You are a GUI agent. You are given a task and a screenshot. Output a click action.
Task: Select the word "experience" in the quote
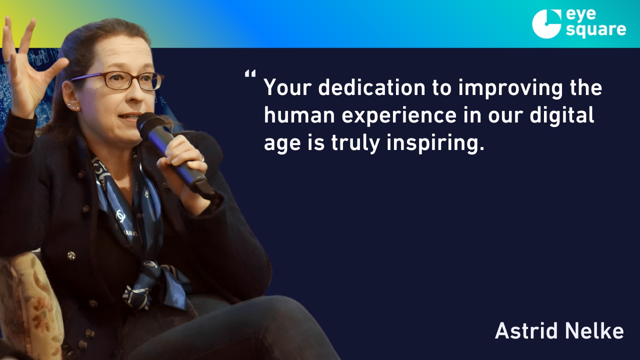[x=399, y=115]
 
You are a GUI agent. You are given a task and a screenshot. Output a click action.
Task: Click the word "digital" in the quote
[x=561, y=115]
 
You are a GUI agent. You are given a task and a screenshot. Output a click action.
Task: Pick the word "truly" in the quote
[x=355, y=143]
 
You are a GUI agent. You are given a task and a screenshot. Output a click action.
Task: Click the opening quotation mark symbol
[x=250, y=73]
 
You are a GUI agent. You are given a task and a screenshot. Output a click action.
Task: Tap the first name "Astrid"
[x=527, y=330]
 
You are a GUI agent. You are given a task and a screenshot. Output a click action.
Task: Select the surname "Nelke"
[x=594, y=330]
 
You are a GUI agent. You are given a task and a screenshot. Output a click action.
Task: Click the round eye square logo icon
[x=546, y=23]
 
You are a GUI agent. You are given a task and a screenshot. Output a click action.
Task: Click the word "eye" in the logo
[x=581, y=15]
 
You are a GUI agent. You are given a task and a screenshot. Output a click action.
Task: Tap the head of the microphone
[x=148, y=123]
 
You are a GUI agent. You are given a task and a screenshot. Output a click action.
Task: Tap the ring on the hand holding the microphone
[x=202, y=158]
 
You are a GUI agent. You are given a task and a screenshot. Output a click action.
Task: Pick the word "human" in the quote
[x=299, y=115]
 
